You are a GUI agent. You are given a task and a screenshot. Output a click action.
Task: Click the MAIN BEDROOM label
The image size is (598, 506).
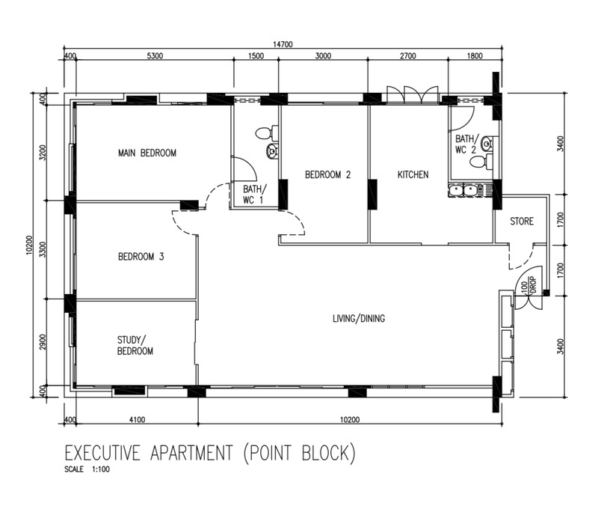tap(147, 153)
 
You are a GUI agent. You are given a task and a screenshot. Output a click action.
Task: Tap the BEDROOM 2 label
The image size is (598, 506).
tap(327, 175)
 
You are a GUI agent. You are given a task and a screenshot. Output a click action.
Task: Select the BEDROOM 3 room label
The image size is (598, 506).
tap(141, 257)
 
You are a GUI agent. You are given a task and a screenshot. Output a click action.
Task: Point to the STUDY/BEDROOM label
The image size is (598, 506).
tap(135, 346)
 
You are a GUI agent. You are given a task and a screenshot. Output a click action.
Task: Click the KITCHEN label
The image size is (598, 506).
tap(413, 175)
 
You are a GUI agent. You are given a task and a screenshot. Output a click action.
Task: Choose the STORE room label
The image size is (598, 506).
tap(522, 221)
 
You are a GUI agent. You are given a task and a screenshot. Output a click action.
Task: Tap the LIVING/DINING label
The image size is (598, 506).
tap(359, 318)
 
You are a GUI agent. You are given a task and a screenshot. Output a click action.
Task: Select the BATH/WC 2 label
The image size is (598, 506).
tap(465, 144)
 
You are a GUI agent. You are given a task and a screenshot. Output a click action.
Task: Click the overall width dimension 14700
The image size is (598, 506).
tap(283, 44)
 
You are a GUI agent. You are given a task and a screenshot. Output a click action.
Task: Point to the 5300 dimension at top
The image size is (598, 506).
tap(155, 56)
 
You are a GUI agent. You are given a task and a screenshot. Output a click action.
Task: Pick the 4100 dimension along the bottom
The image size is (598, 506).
tap(137, 420)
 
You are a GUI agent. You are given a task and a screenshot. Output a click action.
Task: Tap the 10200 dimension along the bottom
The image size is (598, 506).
tap(350, 420)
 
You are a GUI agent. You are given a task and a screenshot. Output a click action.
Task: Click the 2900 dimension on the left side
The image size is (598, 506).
tap(43, 342)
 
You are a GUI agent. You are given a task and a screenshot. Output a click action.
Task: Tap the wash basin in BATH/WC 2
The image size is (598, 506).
tap(487, 144)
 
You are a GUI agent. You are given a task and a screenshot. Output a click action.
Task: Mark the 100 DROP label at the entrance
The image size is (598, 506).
tap(528, 285)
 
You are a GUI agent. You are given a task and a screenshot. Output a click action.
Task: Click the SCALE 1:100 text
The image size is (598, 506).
tap(87, 469)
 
